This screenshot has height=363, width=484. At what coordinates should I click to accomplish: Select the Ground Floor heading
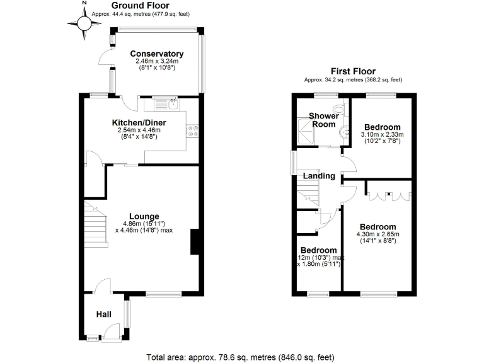click(131, 6)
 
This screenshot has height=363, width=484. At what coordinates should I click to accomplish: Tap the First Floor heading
click(353, 72)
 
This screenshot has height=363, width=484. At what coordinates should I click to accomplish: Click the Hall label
click(104, 314)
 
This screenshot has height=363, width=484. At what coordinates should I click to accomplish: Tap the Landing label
click(318, 176)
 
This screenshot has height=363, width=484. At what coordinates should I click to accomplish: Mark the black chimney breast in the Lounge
click(195, 241)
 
